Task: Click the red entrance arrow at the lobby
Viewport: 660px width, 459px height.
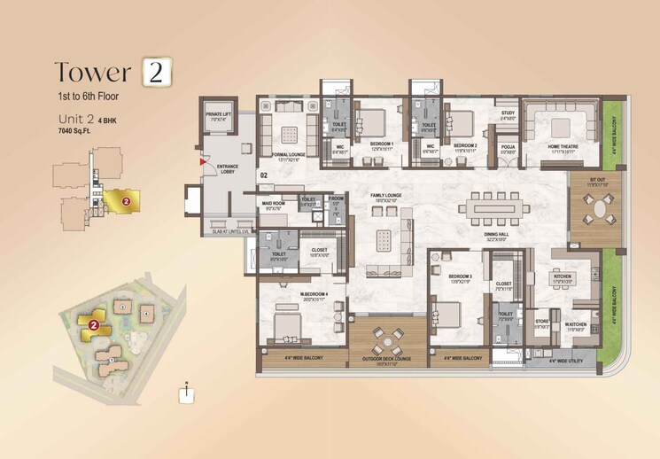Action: pyautogui.click(x=203, y=163)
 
